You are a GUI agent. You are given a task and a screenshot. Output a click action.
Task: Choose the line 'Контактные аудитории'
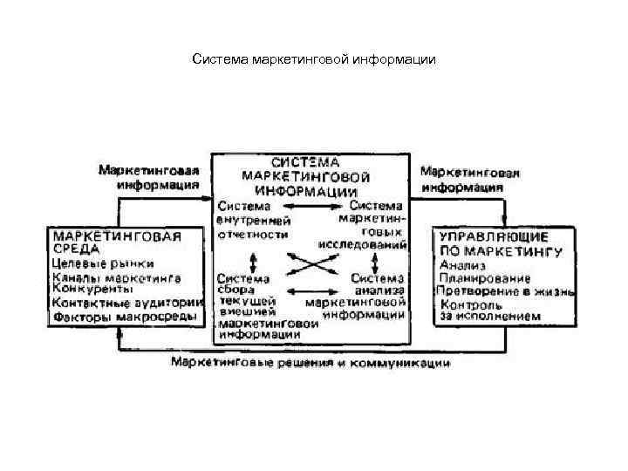(126, 303)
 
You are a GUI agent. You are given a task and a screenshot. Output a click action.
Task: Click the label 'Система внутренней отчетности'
(252, 222)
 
